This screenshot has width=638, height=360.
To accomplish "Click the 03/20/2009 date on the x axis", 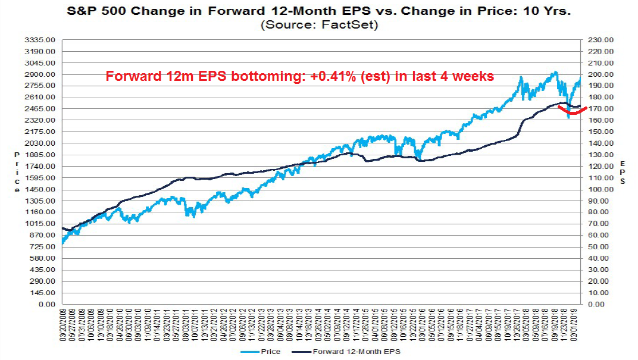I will pos(63,325).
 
